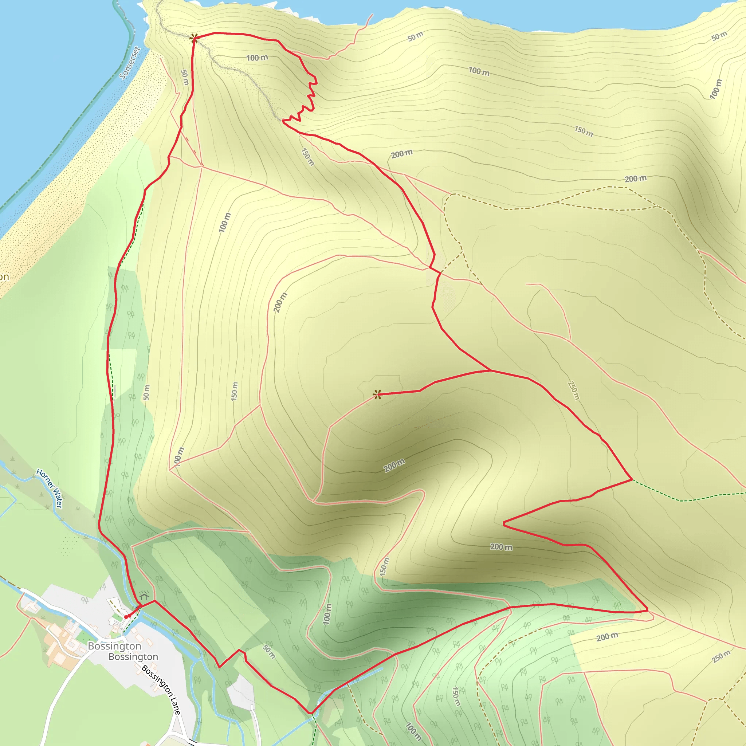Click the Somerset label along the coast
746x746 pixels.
tap(129, 63)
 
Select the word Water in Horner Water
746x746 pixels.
tap(57, 498)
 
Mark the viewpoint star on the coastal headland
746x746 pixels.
tap(194, 38)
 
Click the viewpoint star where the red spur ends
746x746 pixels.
tap(377, 394)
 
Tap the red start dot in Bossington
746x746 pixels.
tap(126, 617)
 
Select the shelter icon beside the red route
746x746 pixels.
tap(144, 595)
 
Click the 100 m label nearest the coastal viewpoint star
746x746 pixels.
tap(257, 58)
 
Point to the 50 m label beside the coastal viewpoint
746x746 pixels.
tap(185, 77)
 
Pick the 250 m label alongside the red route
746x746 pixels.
tap(573, 390)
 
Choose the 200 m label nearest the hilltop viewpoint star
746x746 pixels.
tap(394, 465)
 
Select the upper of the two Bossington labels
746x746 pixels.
tap(114, 646)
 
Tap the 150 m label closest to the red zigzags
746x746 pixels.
tap(307, 157)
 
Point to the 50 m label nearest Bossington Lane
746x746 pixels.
tap(269, 651)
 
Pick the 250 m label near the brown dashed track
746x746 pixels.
tap(721, 656)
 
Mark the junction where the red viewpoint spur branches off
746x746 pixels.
tap(490, 371)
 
